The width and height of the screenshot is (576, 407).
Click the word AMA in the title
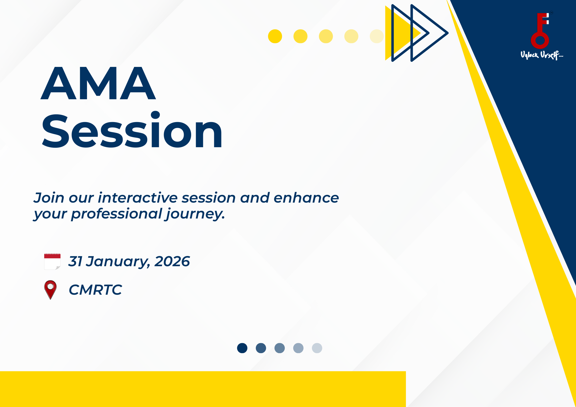click(x=98, y=83)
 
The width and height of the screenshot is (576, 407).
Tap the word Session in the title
click(x=132, y=130)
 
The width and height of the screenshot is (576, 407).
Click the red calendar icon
click(x=52, y=261)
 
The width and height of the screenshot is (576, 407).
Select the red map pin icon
click(x=50, y=290)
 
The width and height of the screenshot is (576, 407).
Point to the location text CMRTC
click(x=95, y=290)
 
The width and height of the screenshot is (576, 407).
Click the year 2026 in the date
click(x=172, y=261)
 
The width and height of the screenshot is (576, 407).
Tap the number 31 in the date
click(x=75, y=261)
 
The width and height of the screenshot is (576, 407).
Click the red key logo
click(x=540, y=31)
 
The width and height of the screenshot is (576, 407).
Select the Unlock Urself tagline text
click(x=542, y=55)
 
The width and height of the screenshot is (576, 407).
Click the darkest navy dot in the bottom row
click(x=242, y=348)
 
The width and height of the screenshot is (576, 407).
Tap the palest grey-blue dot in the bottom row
click(x=317, y=348)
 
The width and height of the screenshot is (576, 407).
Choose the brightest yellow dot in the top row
click(x=275, y=36)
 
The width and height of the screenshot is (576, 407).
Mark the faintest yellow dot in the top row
click(x=377, y=36)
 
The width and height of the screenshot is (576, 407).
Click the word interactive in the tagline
click(x=138, y=198)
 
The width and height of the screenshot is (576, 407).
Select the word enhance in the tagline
click(x=306, y=198)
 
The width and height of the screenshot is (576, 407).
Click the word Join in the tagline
click(x=49, y=198)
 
